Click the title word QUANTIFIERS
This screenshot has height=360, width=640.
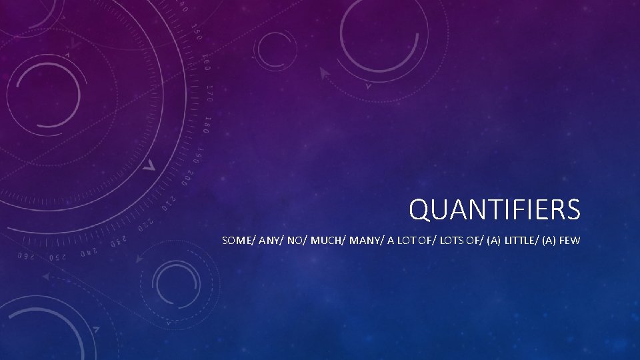[x=495, y=210]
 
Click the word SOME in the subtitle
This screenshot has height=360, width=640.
[x=235, y=241]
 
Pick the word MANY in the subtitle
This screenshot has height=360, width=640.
[x=357, y=241]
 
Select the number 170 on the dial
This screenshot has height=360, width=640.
[x=209, y=94]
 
